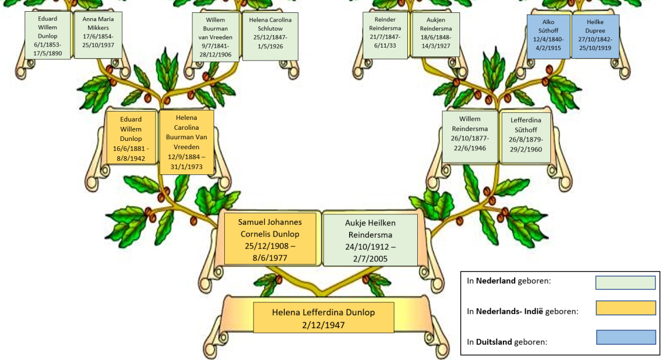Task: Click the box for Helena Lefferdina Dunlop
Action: pyautogui.click(x=323, y=318)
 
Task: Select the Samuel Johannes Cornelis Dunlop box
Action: pyautogui.click(x=270, y=239)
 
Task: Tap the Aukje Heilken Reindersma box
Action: pyautogui.click(x=370, y=240)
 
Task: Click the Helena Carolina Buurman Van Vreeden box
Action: pyautogui.click(x=187, y=143)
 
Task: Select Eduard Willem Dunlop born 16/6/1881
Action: pyautogui.click(x=131, y=138)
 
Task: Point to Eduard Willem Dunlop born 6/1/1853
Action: pyautogui.click(x=48, y=35)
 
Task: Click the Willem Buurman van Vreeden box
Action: pyautogui.click(x=215, y=37)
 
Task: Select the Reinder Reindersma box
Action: pyautogui.click(x=385, y=35)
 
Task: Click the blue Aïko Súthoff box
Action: pyautogui.click(x=549, y=36)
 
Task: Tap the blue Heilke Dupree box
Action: pyautogui.click(x=595, y=36)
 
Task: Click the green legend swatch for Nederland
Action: pyautogui.click(x=625, y=282)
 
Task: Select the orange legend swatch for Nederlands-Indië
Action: pyautogui.click(x=626, y=308)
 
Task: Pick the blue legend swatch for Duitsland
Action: pyautogui.click(x=626, y=337)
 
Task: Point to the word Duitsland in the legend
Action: pyautogui.click(x=494, y=342)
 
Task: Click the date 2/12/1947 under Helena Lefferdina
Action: pyautogui.click(x=323, y=325)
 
